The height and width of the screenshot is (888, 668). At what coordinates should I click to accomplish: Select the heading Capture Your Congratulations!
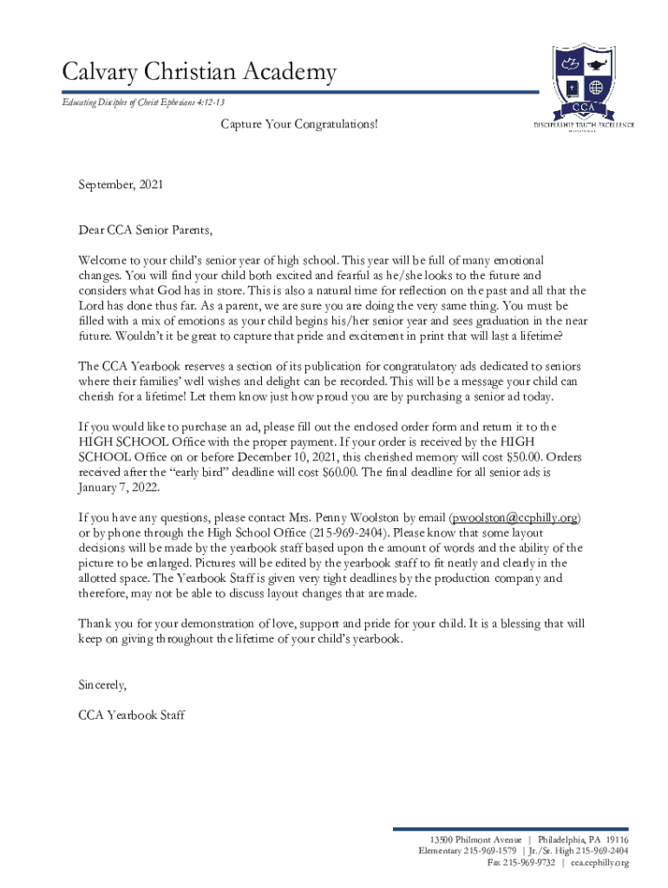click(x=298, y=125)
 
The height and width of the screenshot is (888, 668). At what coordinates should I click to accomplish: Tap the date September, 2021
click(x=120, y=185)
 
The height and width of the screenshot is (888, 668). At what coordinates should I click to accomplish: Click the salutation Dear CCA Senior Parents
click(x=145, y=231)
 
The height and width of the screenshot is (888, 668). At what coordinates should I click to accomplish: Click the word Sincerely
click(x=102, y=685)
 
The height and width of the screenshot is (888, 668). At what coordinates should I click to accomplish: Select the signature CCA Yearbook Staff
click(x=131, y=715)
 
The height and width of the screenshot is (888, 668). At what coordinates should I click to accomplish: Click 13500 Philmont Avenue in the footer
click(x=475, y=840)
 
